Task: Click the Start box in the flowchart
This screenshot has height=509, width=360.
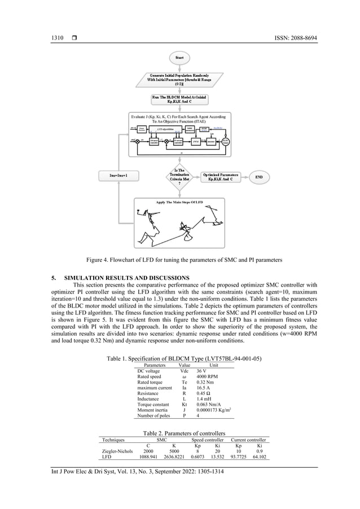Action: (179, 57)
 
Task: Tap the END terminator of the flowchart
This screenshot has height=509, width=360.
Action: (259, 177)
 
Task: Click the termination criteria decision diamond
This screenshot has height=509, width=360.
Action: (179, 177)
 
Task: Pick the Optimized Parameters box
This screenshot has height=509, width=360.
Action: (221, 177)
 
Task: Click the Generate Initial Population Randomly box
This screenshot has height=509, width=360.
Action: (179, 80)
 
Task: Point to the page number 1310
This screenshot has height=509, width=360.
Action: (52, 38)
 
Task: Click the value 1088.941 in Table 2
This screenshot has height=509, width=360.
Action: (148, 458)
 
